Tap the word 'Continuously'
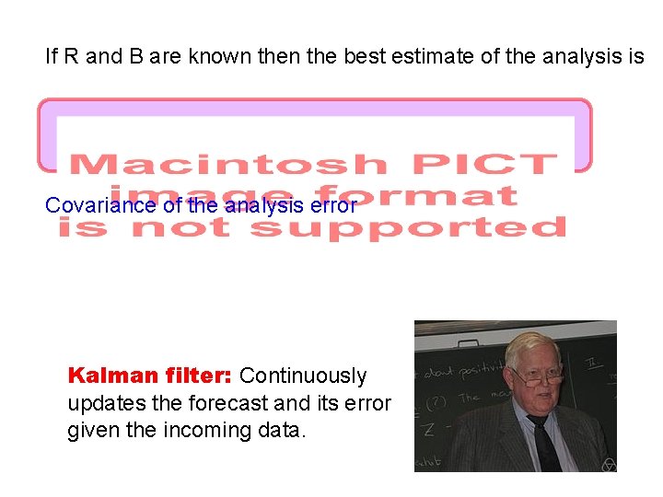[302, 376]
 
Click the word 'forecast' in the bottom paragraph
[225, 403]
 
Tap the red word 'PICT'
[484, 165]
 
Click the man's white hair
[532, 345]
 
